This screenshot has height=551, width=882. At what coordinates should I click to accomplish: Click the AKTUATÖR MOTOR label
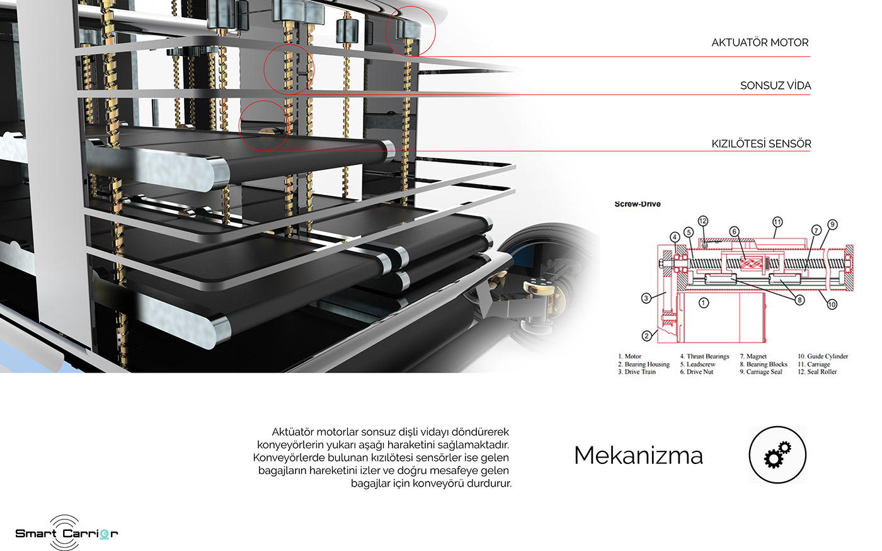(x=760, y=43)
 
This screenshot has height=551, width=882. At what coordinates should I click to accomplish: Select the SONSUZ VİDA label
(x=776, y=86)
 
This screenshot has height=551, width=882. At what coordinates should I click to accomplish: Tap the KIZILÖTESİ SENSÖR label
(x=761, y=144)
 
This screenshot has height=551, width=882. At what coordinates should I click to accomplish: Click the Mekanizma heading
(x=638, y=456)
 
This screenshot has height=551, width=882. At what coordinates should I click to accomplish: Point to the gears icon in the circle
(x=777, y=455)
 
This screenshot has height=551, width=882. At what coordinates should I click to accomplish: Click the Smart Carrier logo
(x=67, y=533)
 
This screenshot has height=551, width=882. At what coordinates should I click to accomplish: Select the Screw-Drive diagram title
(x=638, y=204)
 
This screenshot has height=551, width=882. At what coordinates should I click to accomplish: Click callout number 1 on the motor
(x=704, y=303)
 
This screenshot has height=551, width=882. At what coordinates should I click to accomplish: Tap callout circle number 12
(x=703, y=221)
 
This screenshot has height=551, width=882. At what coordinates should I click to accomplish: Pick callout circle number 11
(x=777, y=222)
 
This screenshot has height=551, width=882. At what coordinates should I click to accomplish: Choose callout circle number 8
(x=799, y=300)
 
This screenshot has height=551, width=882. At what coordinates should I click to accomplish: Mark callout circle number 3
(x=646, y=298)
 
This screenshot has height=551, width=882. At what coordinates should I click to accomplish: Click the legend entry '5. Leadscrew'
(x=697, y=364)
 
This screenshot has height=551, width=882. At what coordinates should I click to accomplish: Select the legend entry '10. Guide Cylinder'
(x=823, y=356)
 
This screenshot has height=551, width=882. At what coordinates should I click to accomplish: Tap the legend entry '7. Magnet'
(x=753, y=356)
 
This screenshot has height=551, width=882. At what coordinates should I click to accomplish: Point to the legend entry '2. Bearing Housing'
(x=643, y=364)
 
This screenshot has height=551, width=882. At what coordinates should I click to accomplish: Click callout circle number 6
(x=733, y=231)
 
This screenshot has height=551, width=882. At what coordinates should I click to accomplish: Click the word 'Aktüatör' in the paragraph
(x=292, y=432)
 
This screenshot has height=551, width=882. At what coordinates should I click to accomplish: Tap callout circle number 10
(x=832, y=304)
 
